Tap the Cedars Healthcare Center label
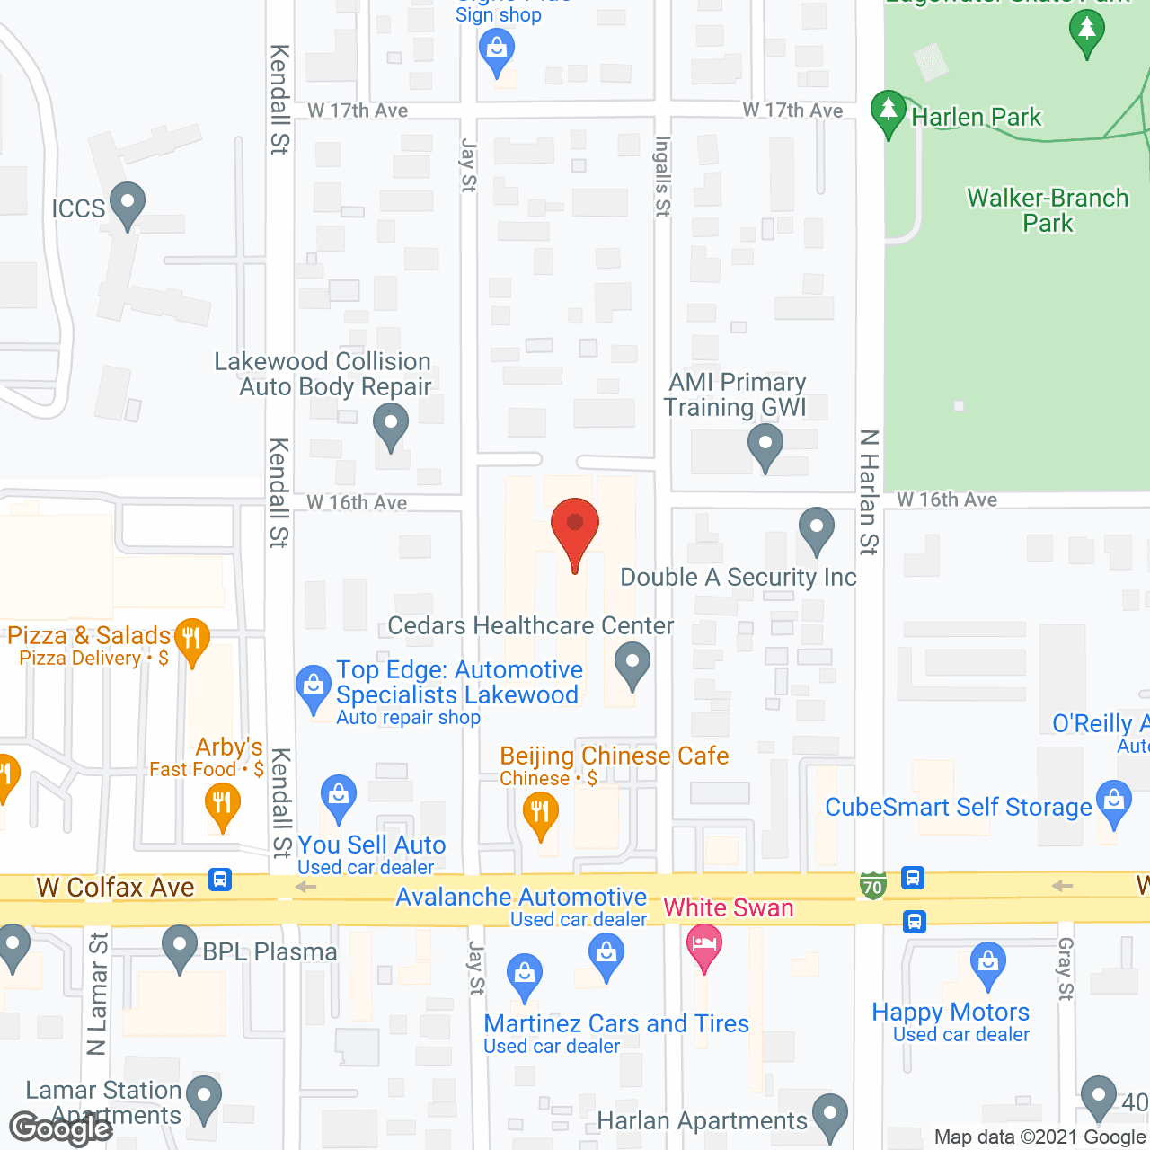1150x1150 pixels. click(530, 625)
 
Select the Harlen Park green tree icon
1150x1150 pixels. click(889, 112)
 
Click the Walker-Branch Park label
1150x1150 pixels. click(1048, 210)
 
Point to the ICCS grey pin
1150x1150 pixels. click(128, 204)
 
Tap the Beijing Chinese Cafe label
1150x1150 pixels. click(615, 756)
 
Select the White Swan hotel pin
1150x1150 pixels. click(704, 946)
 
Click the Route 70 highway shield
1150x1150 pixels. click(872, 886)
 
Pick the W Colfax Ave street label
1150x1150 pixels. click(115, 888)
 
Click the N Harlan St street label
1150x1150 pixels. click(868, 491)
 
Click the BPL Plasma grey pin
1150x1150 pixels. click(180, 947)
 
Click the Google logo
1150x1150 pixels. click(61, 1128)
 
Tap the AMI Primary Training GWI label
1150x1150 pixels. click(736, 394)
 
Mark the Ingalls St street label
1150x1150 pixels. click(663, 176)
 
